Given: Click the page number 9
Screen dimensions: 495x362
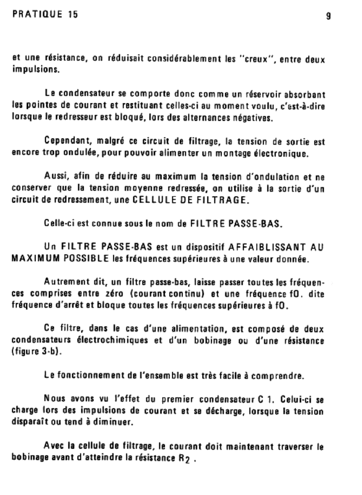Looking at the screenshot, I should point(329,15).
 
